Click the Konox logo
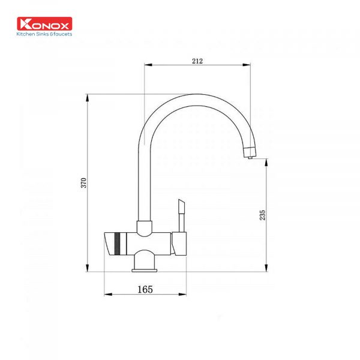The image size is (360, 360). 44,23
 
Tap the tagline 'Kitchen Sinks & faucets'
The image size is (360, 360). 44,34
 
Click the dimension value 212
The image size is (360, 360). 197,61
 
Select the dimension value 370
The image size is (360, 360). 84,183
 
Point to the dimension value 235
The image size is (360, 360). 262,215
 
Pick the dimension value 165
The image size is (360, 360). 145,289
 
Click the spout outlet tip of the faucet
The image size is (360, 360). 250,157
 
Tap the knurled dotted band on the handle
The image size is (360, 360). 118,244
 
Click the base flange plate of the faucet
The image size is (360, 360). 145,270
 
